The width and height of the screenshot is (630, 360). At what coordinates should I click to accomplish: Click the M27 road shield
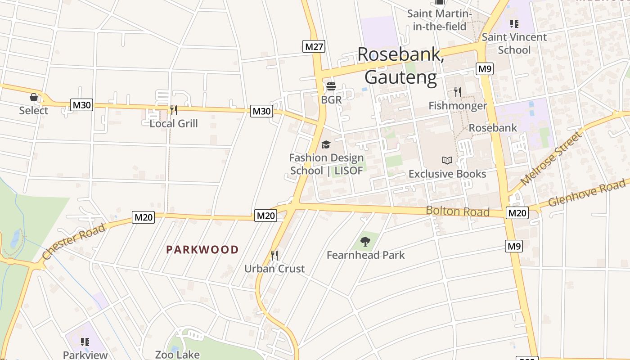click(314, 46)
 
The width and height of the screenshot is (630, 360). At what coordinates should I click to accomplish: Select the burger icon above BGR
click(331, 86)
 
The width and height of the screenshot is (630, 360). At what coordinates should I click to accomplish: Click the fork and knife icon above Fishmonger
click(457, 92)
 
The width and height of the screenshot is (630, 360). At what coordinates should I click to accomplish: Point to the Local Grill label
click(174, 123)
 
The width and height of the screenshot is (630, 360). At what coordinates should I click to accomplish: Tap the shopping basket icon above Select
click(33, 97)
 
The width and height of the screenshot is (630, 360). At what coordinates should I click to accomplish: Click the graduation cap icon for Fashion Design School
click(326, 144)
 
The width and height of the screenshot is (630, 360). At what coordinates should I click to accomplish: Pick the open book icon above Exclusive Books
click(447, 160)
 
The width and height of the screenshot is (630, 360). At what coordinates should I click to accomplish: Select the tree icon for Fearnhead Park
click(365, 242)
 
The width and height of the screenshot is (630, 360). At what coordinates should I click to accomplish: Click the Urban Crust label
click(274, 269)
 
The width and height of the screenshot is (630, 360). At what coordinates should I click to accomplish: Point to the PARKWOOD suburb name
click(202, 250)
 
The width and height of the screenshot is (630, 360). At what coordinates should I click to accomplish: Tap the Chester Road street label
click(74, 242)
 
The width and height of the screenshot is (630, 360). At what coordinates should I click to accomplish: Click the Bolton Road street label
click(457, 211)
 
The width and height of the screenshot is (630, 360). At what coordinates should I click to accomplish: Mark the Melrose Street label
click(551, 159)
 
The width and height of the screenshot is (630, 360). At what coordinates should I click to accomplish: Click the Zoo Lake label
click(177, 355)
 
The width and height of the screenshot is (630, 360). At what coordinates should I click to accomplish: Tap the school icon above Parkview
click(85, 342)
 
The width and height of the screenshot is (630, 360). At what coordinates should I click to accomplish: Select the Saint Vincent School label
click(514, 43)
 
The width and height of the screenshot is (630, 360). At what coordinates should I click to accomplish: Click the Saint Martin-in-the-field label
click(439, 20)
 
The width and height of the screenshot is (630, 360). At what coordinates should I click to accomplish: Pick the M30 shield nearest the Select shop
click(81, 105)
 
